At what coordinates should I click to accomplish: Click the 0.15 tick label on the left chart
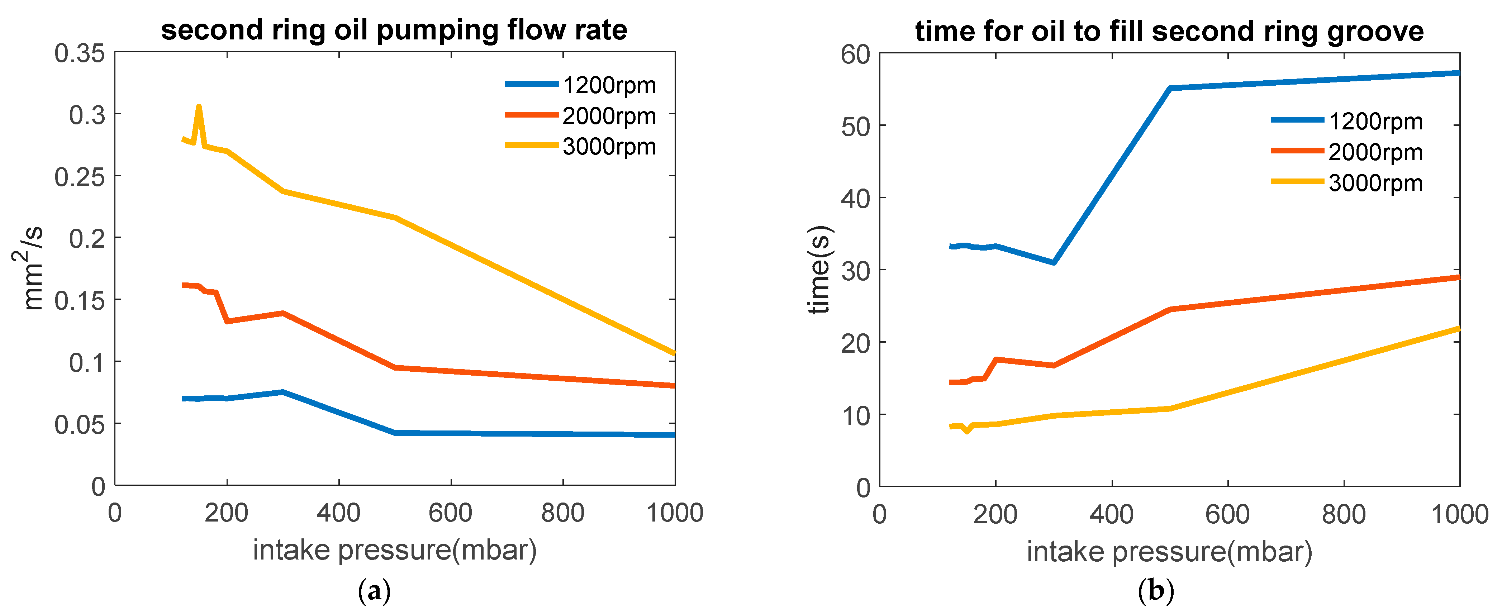(x=80, y=301)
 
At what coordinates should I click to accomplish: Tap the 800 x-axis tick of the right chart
(x=1344, y=514)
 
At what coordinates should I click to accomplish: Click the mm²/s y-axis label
(x=27, y=268)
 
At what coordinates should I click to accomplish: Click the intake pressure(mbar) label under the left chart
(x=394, y=550)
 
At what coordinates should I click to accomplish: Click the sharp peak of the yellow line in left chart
(x=199, y=107)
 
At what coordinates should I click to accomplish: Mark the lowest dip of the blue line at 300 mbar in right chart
(x=1054, y=262)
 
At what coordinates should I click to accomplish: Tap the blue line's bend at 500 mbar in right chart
(x=1170, y=88)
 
